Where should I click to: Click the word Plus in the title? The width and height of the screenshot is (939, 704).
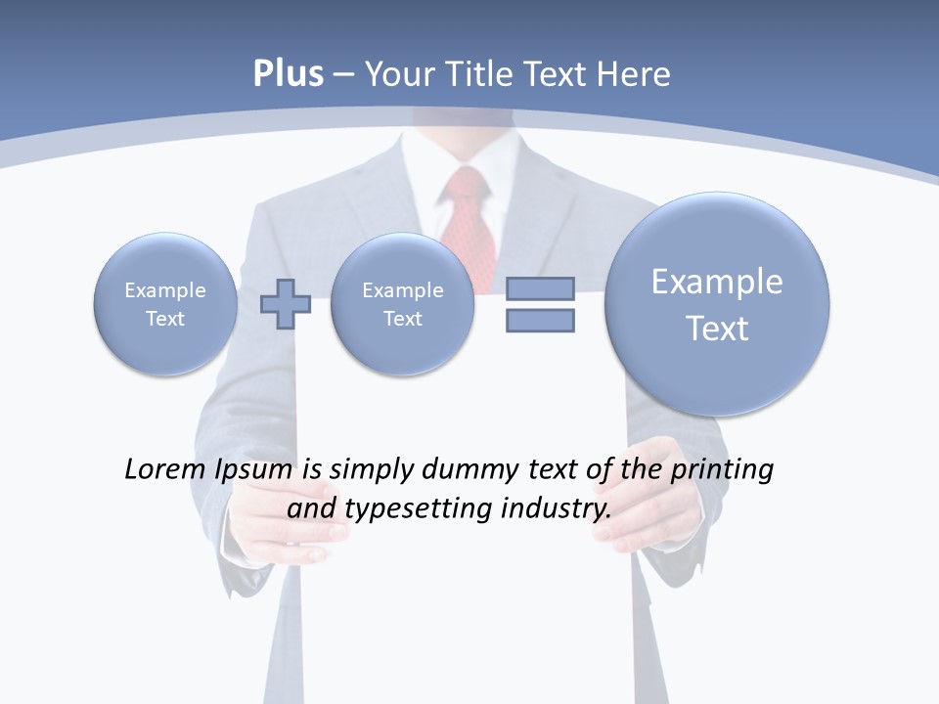tap(288, 74)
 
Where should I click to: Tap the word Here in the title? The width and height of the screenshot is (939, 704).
tap(634, 74)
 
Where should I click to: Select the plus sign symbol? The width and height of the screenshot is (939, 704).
tap(286, 304)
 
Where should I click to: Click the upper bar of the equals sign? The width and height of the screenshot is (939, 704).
tap(540, 288)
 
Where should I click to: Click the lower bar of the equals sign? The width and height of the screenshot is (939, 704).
tap(540, 320)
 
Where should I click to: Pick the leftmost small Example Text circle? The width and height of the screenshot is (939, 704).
tap(165, 304)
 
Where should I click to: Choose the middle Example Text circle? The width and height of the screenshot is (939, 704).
tap(402, 304)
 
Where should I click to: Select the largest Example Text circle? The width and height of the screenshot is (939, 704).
tap(717, 304)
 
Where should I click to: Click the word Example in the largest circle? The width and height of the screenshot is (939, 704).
tap(717, 282)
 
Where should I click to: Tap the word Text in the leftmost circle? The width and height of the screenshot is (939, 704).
tap(165, 319)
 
